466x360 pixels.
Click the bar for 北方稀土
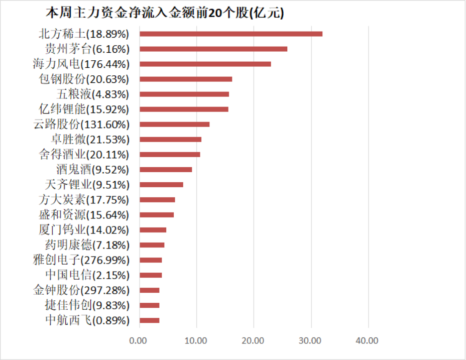[230, 34]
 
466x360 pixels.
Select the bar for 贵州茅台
[213, 49]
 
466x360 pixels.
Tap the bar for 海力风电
[205, 64]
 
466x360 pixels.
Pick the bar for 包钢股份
[185, 79]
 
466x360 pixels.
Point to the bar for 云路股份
[174, 124]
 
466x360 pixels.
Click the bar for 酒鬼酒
[165, 169]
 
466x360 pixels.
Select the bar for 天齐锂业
[161, 184]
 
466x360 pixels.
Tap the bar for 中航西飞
[149, 320]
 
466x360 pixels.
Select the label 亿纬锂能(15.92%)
[84, 109]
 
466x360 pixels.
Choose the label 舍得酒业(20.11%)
[84, 154]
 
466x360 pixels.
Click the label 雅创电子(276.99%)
[81, 260]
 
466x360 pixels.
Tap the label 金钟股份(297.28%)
[81, 290]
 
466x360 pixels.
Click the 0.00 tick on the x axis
[138, 340]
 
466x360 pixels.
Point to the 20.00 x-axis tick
[253, 340]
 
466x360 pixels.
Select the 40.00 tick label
[367, 340]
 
